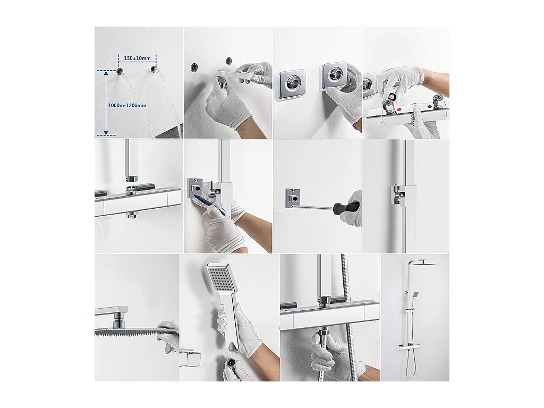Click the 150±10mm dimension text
[137, 58]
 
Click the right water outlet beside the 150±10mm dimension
[154, 70]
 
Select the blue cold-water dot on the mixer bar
[429, 106]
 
